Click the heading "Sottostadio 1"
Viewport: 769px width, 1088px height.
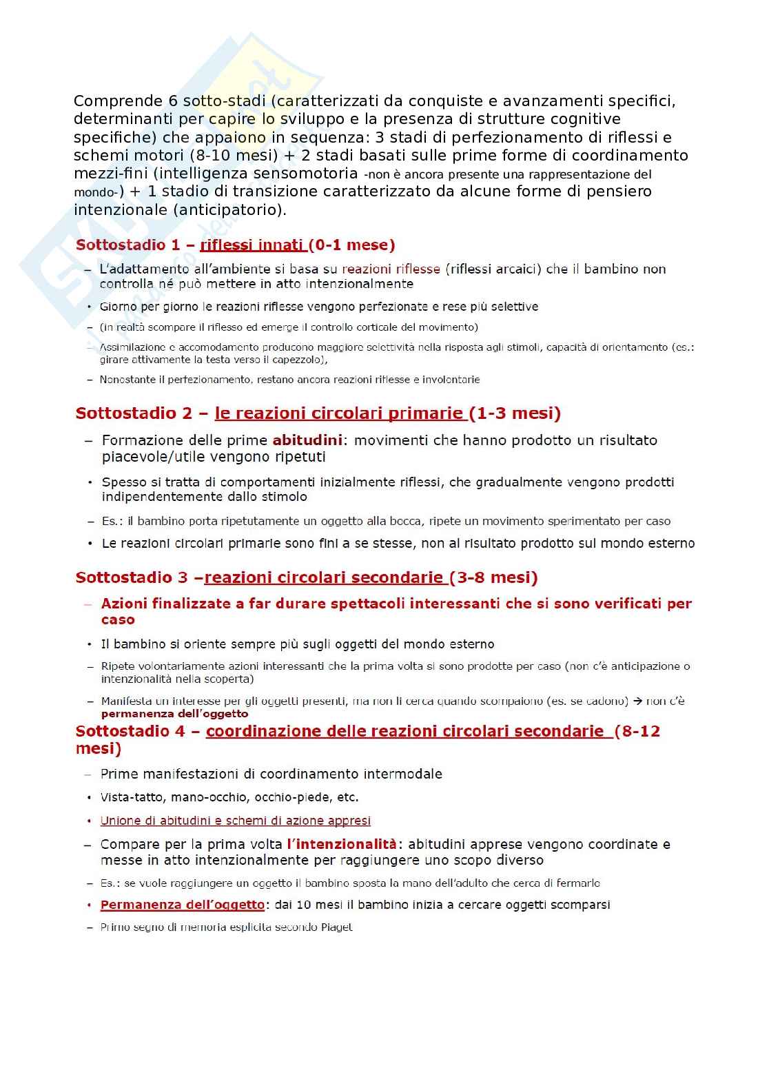[121, 245]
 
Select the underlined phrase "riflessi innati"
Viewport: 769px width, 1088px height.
[252, 245]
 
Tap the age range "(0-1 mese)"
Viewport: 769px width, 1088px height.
[351, 245]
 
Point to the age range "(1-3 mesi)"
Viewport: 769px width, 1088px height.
[515, 413]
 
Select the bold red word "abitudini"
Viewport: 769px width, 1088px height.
[307, 440]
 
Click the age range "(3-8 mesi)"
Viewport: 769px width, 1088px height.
[493, 577]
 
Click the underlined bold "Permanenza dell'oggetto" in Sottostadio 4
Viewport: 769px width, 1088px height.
[183, 905]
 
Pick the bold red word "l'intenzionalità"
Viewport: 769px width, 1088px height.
[342, 844]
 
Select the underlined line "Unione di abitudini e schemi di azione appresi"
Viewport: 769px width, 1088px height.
[236, 821]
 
